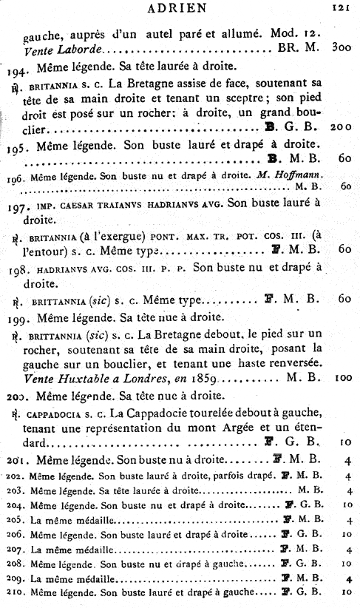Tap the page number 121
[340, 10]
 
